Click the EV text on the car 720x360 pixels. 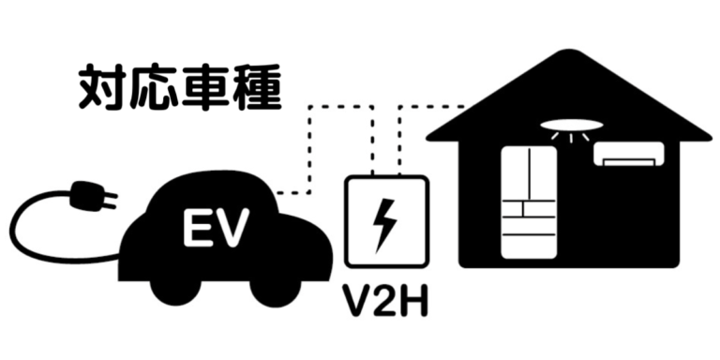214,226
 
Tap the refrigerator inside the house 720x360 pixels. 530,202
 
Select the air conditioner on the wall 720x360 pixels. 629,155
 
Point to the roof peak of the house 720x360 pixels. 568,59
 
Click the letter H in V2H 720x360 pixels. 417,303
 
